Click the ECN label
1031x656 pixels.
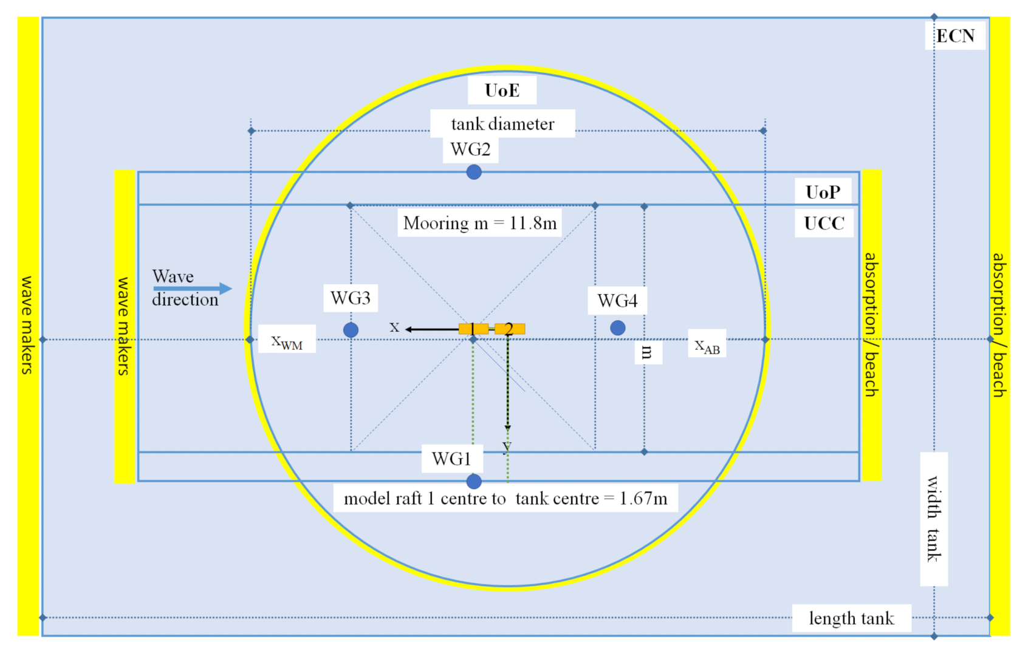coord(955,36)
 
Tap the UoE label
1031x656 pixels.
coord(502,91)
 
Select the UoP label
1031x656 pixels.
coord(823,192)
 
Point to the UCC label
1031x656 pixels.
coord(824,224)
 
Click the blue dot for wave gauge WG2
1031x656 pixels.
coord(474,172)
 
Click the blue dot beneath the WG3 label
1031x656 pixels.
coord(351,330)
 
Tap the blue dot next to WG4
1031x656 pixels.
coord(618,328)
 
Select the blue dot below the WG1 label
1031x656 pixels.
coord(474,482)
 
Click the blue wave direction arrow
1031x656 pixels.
coord(192,289)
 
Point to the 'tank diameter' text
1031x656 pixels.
coord(502,124)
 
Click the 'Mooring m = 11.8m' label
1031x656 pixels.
coord(480,223)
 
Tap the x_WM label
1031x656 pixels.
coord(287,342)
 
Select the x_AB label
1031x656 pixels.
coord(707,346)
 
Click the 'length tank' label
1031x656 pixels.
coord(851,618)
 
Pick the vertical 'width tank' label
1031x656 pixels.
coord(934,519)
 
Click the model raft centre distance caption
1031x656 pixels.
coord(505,499)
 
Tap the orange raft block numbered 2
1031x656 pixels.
coord(510,329)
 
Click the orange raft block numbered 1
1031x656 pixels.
coord(473,329)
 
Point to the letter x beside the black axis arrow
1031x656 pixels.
coord(394,327)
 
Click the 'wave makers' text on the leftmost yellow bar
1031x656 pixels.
coord(27,325)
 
